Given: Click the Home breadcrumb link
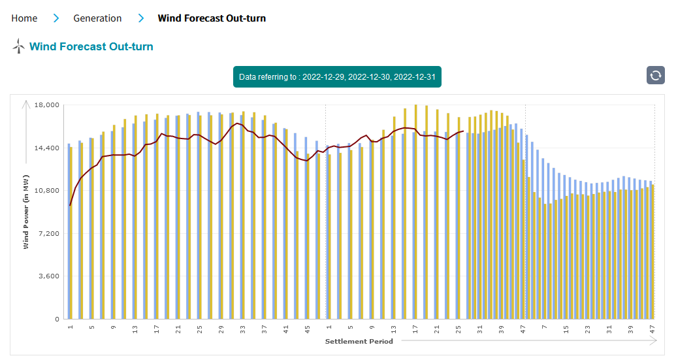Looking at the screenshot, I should pos(24,18).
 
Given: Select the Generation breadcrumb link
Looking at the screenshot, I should pos(97,18).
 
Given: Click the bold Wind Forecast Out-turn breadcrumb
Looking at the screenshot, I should pos(212,18).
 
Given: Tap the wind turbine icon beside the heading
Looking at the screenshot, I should pos(18,46).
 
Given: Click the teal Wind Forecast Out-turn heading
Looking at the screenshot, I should pos(91,46).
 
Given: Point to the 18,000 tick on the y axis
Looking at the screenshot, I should pos(46,105).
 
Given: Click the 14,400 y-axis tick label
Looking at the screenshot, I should pos(46,148).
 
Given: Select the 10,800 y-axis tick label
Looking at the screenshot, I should pos(46,191).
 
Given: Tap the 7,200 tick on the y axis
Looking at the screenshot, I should pos(48,234).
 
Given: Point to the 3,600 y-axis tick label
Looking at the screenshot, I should pos(48,276).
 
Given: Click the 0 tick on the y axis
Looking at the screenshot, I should pos(57,319).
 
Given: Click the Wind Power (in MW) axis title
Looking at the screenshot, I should pos(26,212).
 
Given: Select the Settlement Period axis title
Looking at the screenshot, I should pos(359,341).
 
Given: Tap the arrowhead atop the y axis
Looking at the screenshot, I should pos(26,103).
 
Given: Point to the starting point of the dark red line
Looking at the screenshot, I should pos(70,205).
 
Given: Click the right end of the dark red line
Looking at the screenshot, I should pos(463,131).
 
